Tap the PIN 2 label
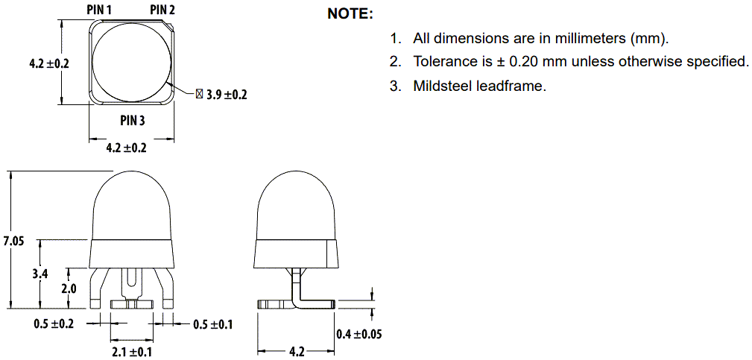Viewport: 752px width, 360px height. point(163,10)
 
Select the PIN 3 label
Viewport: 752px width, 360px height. point(133,121)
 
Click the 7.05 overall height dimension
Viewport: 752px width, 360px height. point(13,241)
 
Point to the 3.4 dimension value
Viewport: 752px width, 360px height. point(40,274)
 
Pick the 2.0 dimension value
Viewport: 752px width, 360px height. point(69,288)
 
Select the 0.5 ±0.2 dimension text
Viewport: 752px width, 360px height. point(54,324)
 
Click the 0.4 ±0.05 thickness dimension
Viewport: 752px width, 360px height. point(358,334)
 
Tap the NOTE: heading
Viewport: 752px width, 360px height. point(350,14)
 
